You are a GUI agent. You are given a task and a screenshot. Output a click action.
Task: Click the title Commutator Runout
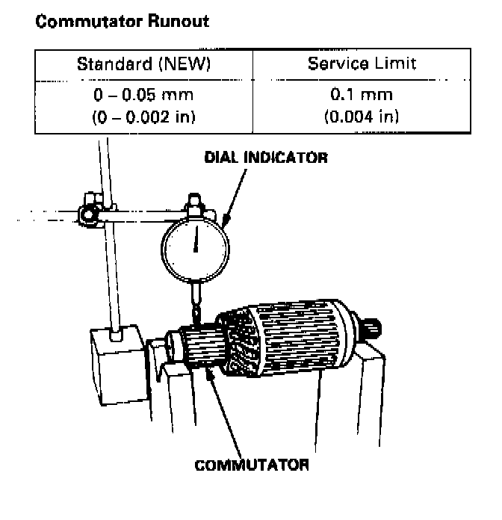tap(122, 22)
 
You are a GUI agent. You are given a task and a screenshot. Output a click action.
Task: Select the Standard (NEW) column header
tap(143, 64)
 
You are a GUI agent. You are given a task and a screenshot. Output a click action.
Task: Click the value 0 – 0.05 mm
tap(143, 96)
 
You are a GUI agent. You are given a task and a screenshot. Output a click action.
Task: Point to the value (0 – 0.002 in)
tap(143, 117)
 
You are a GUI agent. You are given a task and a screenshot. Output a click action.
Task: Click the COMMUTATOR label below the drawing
tap(252, 465)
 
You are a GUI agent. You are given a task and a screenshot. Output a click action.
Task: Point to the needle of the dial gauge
tap(196, 240)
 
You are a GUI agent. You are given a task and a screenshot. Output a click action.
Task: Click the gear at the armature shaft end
tap(371, 327)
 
